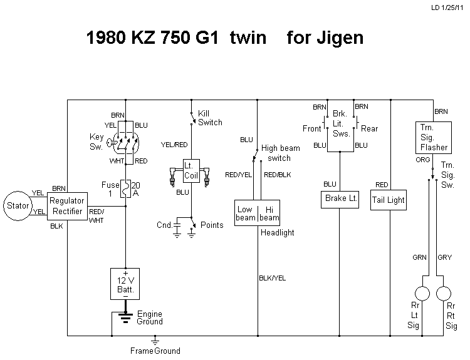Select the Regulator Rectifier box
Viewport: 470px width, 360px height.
pos(66,205)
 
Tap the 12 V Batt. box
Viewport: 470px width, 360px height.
pos(125,284)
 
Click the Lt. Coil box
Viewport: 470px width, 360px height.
pos(191,170)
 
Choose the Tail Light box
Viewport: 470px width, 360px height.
pos(389,200)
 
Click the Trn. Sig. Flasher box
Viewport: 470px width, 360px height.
pos(433,138)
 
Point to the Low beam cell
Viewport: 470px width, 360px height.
pos(246,213)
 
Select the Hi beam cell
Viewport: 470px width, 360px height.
pos(269,213)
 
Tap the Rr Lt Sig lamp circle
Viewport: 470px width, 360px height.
pos(422,293)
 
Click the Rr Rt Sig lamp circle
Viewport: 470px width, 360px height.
pos(444,293)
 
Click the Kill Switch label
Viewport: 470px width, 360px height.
pos(209,118)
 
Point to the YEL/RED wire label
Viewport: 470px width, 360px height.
pos(174,144)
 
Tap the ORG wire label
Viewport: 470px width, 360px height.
pos(424,160)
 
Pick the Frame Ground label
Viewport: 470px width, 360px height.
pos(155,351)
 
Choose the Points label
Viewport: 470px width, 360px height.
pos(211,225)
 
